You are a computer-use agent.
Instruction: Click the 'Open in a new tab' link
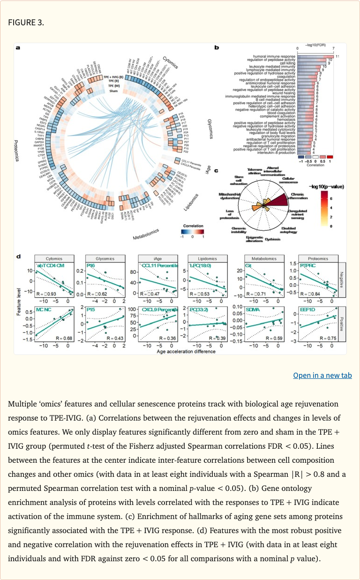click(322, 375)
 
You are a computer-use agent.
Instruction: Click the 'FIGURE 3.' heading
click(26, 22)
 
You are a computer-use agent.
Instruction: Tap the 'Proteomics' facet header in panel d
click(318, 258)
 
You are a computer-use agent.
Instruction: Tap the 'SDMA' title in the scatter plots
click(251, 310)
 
